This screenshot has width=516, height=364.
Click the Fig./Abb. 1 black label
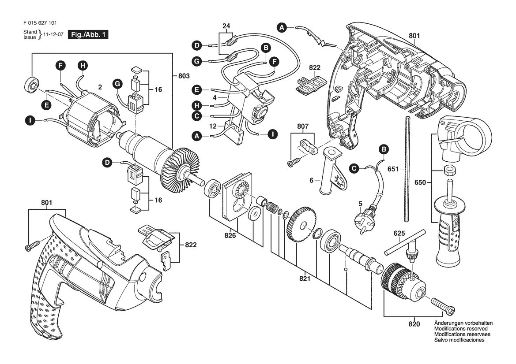[x=88, y=34]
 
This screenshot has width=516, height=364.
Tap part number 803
[x=184, y=76]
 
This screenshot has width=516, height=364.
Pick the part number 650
[x=420, y=182]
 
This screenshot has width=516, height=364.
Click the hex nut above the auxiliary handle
[x=449, y=170]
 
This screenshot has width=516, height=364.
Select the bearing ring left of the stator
[x=32, y=85]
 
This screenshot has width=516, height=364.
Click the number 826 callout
[x=230, y=235]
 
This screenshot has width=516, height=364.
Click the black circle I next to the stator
[x=30, y=121]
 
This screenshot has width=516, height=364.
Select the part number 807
[x=303, y=126]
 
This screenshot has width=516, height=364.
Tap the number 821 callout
[x=305, y=279]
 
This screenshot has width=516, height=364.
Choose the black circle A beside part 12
[x=197, y=136]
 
